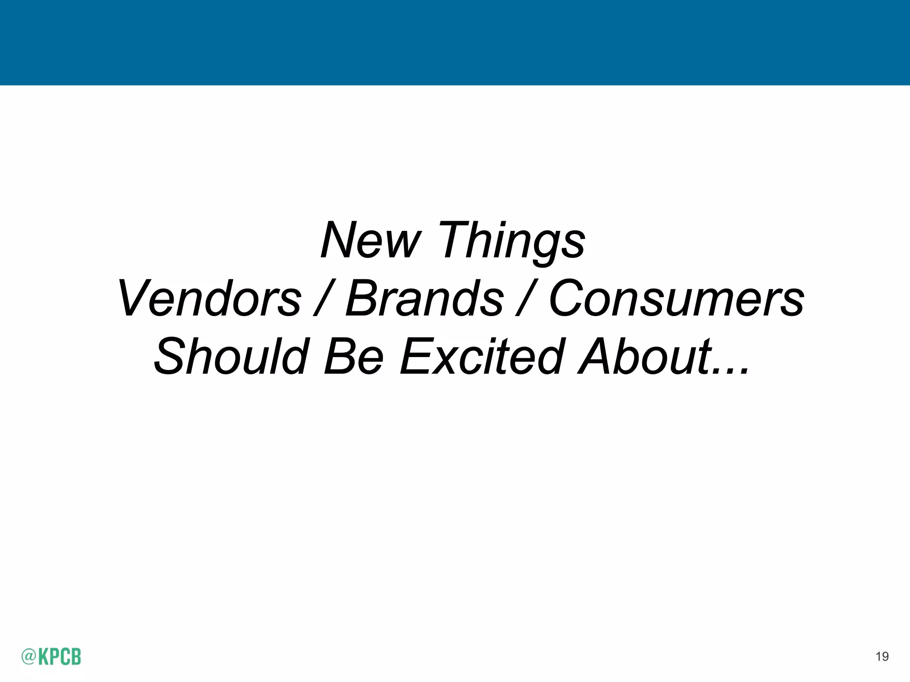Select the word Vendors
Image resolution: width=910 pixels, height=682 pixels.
209,298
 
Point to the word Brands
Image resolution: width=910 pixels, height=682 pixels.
425,298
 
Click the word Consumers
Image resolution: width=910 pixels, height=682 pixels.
676,298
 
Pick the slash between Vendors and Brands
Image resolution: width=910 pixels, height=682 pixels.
323,298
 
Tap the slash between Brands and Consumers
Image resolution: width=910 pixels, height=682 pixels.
526,298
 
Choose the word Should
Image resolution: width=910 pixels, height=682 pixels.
231,356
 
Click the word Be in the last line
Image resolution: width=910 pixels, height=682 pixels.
353,356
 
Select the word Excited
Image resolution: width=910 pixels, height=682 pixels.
483,356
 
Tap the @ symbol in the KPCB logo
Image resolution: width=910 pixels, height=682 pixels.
28,656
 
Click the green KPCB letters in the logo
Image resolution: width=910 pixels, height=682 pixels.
60,656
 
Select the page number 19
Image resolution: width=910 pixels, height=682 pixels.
882,656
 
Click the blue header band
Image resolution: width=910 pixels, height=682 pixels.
455,43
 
